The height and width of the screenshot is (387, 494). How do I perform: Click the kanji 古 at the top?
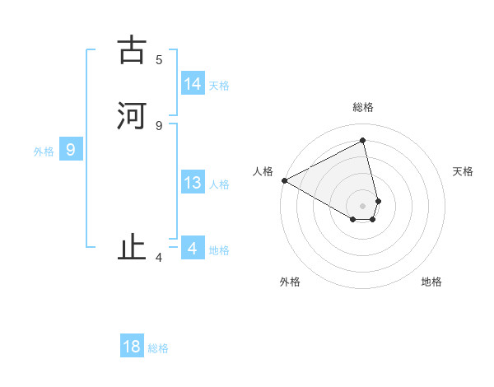131,51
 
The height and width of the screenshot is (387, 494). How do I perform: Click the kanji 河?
131,116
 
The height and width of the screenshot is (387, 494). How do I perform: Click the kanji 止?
131,248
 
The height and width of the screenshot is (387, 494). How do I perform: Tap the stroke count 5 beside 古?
159,60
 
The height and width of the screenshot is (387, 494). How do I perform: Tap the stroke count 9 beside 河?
159,125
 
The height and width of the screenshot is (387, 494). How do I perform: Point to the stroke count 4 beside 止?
159,258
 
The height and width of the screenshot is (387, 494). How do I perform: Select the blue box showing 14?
193,84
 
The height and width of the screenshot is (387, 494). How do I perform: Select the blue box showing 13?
193,183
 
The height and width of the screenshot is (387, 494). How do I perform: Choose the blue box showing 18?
132,347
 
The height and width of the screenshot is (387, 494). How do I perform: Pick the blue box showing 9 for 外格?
71,150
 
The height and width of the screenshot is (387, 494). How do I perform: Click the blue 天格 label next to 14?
219,86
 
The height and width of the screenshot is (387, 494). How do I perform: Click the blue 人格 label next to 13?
219,184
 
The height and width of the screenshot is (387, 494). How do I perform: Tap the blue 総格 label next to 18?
158,348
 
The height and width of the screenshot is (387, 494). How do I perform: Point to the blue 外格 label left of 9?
44,152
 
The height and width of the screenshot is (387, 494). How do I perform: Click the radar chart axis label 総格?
363,107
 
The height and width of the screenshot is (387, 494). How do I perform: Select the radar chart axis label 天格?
464,171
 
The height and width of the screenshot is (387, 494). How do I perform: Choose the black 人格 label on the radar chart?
263,171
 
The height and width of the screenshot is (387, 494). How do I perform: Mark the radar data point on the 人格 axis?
284,180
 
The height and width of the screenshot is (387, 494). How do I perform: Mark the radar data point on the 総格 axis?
363,140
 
